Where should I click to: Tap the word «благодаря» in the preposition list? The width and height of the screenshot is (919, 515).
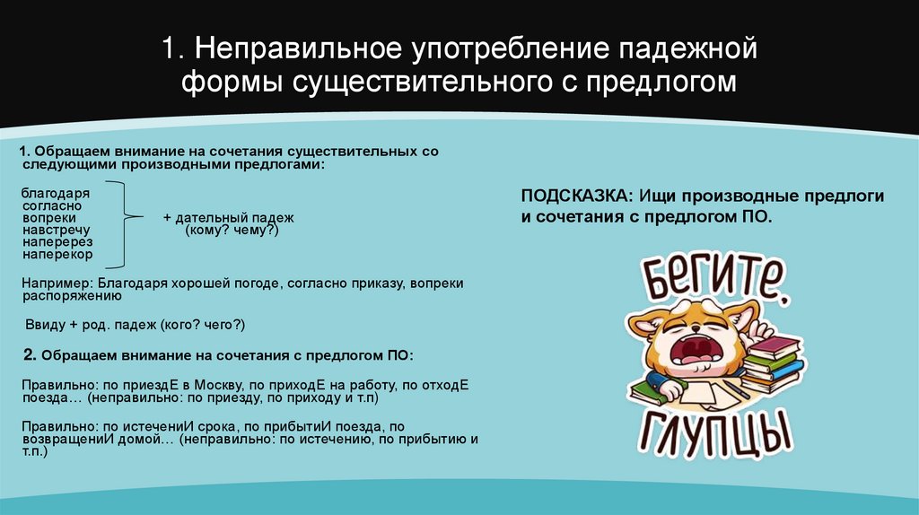coord(50,192)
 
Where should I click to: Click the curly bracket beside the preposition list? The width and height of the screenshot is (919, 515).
coord(128,223)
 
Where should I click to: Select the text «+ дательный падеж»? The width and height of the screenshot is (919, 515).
coord(228,218)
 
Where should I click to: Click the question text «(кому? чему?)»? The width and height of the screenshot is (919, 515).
coord(232,231)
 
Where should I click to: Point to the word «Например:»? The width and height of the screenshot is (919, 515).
coord(52,282)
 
